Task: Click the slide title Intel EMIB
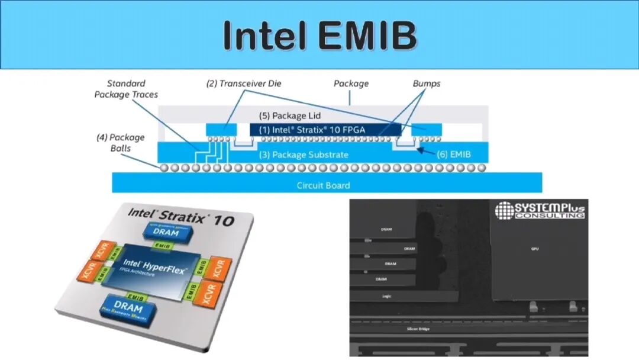(319, 36)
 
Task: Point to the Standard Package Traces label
(126, 89)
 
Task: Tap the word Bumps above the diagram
(426, 83)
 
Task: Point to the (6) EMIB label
(454, 154)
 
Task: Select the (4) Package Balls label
(120, 143)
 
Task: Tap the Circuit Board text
(323, 185)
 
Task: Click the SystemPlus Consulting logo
(539, 210)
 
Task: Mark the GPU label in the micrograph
(534, 249)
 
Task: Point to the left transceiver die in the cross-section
(221, 130)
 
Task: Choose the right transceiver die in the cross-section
(427, 130)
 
